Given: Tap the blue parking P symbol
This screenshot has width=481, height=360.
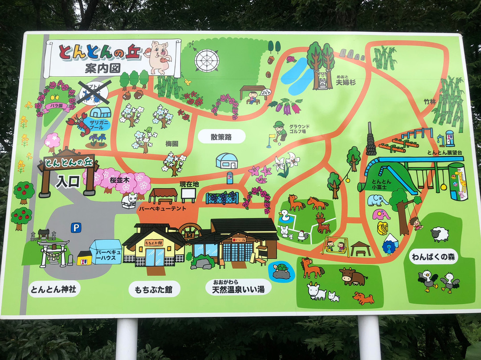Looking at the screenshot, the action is [76, 228].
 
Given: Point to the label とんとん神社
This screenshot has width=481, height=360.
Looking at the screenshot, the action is [53, 289].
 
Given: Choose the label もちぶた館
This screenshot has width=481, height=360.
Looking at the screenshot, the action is [154, 290].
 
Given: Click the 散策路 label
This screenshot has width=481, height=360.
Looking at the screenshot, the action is [221, 137].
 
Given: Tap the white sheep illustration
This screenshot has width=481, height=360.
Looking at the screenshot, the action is [440, 234].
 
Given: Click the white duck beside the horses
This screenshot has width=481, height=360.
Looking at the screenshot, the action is [284, 216].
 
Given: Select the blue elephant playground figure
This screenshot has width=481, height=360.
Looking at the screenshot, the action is [377, 200].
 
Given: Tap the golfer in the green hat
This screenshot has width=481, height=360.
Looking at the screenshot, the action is [279, 131].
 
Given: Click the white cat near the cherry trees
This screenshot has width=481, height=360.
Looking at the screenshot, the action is [130, 200].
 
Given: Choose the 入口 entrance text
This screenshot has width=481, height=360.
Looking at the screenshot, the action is [68, 181].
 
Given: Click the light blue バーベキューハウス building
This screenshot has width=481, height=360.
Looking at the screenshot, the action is [106, 252].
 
